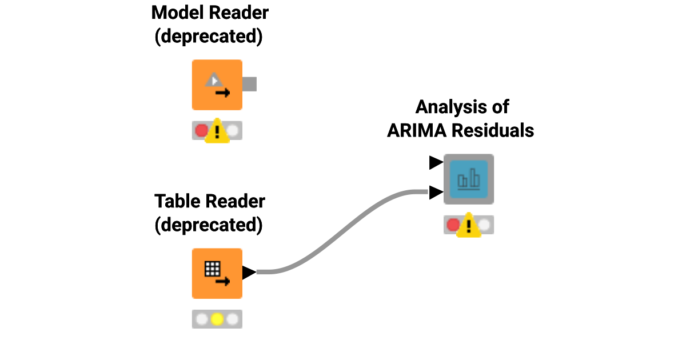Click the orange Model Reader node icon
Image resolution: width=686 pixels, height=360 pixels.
click(217, 85)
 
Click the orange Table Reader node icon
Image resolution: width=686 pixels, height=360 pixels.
click(217, 273)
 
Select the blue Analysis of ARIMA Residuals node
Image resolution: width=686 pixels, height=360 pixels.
click(469, 179)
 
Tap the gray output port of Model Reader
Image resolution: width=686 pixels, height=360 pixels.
click(249, 84)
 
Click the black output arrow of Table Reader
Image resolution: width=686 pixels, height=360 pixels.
click(249, 273)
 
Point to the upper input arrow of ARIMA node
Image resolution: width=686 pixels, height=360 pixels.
click(436, 163)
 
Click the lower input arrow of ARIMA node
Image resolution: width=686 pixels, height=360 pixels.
click(436, 193)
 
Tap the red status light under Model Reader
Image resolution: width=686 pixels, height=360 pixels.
click(201, 131)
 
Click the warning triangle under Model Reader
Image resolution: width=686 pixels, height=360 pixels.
click(217, 131)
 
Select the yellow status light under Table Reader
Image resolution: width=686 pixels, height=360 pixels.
click(217, 319)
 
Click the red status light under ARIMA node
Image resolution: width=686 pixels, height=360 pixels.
click(453, 225)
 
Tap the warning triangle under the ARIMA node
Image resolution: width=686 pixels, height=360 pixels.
click(469, 225)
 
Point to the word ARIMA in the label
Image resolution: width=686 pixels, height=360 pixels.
click(417, 130)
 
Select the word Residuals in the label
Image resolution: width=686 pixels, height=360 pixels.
click(492, 130)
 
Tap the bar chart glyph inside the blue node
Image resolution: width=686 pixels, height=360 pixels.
click(469, 179)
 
